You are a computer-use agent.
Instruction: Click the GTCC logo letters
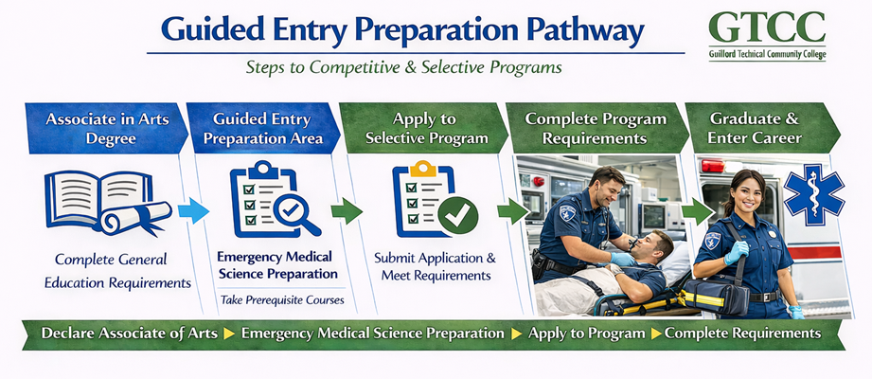coord(767,27)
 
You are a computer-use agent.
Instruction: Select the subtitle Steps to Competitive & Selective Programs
coord(403,67)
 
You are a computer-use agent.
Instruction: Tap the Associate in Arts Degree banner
coord(106,128)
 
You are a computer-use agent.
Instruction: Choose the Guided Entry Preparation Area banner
coord(263,128)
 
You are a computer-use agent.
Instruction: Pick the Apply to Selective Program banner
coord(424,128)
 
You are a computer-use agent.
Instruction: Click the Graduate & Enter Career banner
coord(762,128)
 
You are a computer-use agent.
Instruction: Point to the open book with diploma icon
coord(108,203)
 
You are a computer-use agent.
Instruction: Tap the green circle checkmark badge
coord(457,215)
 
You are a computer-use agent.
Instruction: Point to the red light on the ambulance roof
coord(713,166)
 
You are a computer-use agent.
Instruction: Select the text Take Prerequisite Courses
coord(282,300)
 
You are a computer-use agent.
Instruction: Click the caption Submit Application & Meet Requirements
coord(435,266)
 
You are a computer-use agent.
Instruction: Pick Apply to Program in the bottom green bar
coord(587,334)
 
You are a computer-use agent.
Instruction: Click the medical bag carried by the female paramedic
coord(715,296)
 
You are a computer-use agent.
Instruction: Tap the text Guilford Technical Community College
coord(768,55)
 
